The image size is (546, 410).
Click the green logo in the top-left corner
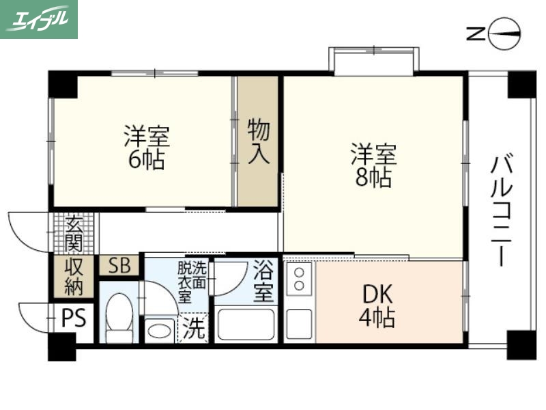39,19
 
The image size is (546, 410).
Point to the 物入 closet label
259,141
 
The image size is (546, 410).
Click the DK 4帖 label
377,305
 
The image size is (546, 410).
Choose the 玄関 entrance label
74,233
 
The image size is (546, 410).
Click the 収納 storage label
74,277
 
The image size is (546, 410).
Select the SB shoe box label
119,266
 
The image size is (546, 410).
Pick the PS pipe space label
74,318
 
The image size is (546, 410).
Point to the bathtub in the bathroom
246,325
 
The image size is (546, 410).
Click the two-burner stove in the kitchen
299,277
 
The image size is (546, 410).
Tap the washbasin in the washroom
161,330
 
